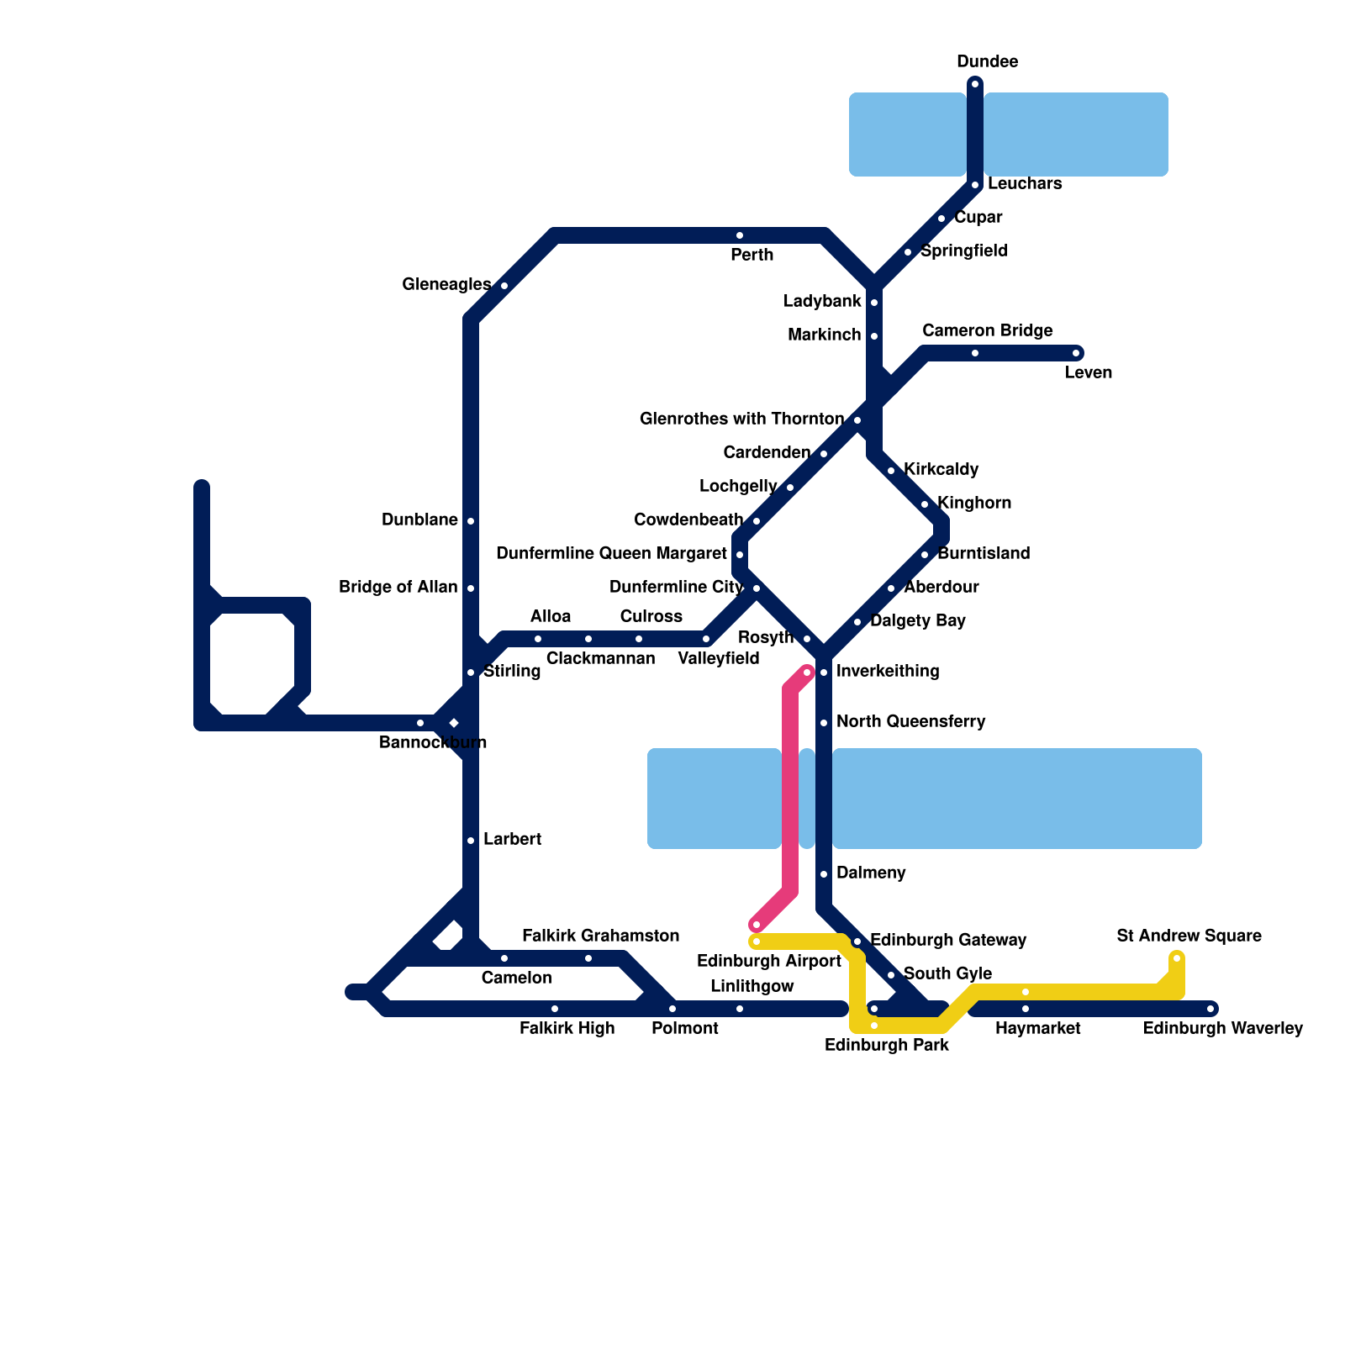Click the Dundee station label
click(x=987, y=62)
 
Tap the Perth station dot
click(x=740, y=235)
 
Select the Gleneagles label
click(x=446, y=285)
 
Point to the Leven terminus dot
click(x=1076, y=353)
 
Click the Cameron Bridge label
click(x=987, y=331)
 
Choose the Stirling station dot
click(x=471, y=672)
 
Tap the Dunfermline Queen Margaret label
click(x=611, y=554)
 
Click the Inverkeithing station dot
click(x=824, y=672)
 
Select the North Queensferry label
click(x=910, y=722)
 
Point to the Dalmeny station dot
click(x=824, y=874)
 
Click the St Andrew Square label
click(x=1189, y=936)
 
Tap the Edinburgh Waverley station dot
click(x=1210, y=1009)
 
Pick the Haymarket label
click(x=1037, y=1029)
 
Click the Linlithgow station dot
click(x=740, y=1009)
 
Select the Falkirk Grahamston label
click(x=600, y=936)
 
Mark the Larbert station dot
click(x=471, y=841)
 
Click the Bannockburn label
click(x=432, y=743)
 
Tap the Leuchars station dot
click(x=975, y=185)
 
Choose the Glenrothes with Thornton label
click(x=741, y=419)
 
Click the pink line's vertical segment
click(x=790, y=790)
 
